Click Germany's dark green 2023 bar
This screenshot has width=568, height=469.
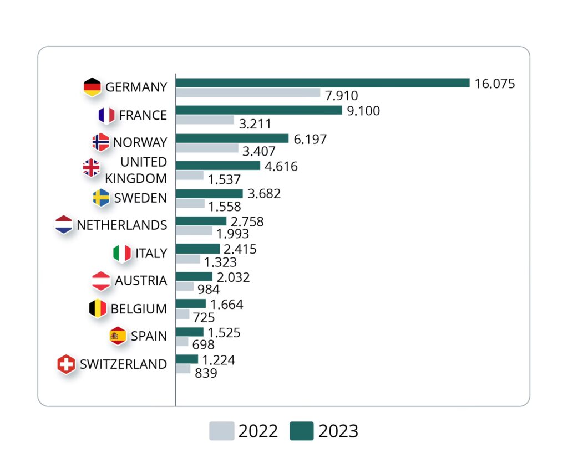(x=322, y=83)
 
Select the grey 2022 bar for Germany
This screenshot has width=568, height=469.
(x=248, y=93)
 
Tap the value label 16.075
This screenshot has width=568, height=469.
(x=495, y=84)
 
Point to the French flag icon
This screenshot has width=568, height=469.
(x=106, y=115)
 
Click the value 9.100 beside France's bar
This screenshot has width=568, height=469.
(x=363, y=111)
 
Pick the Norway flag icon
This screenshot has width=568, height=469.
(x=100, y=142)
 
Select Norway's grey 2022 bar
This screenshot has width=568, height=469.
(x=207, y=148)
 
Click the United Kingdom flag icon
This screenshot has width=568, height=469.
(x=91, y=168)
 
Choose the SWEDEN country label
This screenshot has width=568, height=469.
(x=140, y=198)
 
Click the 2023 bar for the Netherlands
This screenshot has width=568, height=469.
(x=201, y=221)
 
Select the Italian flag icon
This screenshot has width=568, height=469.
(x=122, y=253)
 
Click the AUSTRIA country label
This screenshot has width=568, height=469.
(x=141, y=281)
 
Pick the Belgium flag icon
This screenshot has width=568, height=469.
(x=98, y=308)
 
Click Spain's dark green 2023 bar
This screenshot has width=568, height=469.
(x=190, y=332)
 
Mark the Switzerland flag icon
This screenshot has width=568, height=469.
(x=67, y=364)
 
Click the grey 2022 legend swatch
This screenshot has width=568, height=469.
(x=221, y=431)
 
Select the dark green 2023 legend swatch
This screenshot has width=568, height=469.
(x=301, y=431)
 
